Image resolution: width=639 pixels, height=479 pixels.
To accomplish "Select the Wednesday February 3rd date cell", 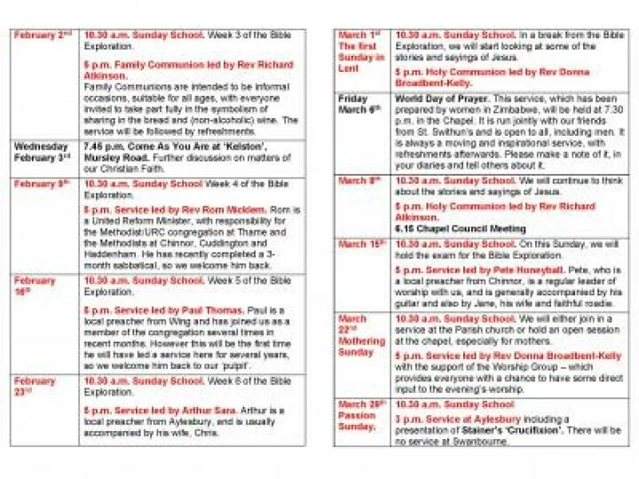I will point(41,152).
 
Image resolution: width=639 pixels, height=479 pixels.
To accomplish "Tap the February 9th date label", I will point(41,183).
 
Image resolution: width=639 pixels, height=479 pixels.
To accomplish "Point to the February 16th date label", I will point(35,286).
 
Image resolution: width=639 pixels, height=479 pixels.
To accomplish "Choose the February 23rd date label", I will point(35,387).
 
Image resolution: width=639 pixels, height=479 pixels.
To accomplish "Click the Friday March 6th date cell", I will point(359,103).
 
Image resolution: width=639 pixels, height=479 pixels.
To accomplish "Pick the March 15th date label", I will point(359,243).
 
